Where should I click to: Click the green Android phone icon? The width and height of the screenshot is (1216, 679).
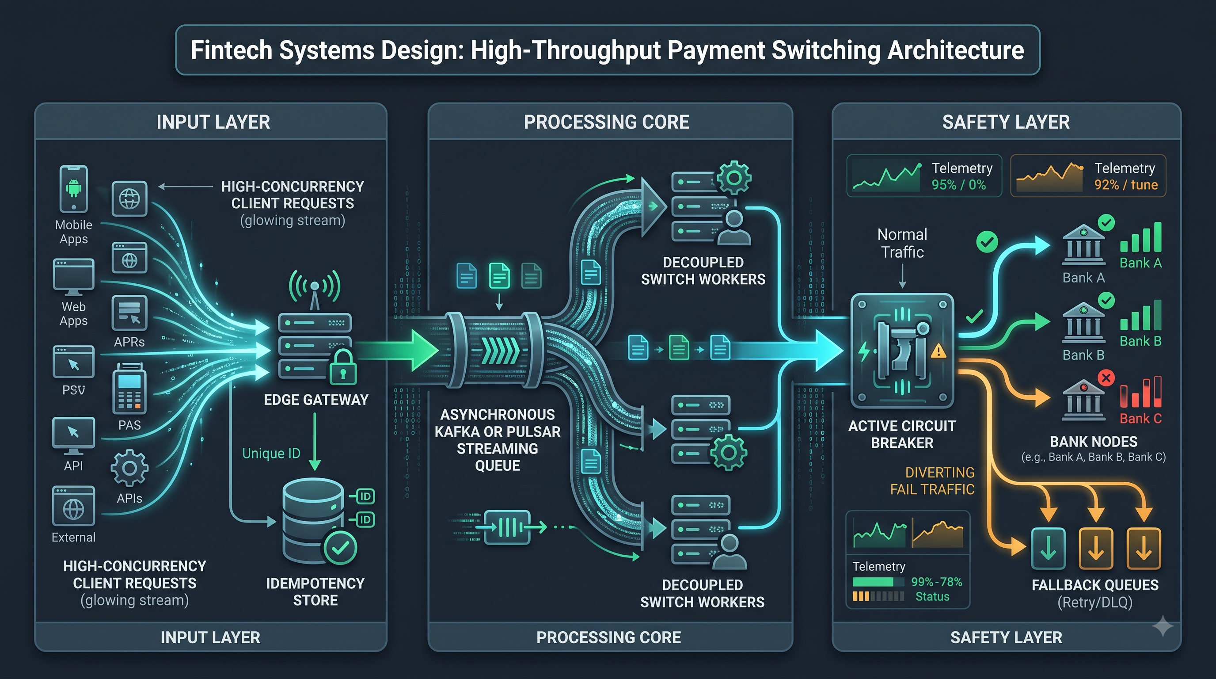click(x=74, y=189)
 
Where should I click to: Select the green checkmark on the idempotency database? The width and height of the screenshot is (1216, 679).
click(x=340, y=547)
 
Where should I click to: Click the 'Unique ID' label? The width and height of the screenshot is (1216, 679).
click(x=271, y=453)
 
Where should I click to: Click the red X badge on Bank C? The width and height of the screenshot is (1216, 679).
click(x=1106, y=378)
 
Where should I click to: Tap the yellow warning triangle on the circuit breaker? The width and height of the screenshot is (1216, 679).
click(x=938, y=351)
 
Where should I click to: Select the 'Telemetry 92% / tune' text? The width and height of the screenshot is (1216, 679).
click(x=1126, y=176)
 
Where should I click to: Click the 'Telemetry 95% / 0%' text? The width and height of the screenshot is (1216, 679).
click(x=962, y=176)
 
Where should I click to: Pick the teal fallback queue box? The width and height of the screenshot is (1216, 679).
click(x=1048, y=549)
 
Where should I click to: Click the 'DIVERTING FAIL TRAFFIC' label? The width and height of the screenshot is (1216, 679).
click(x=932, y=481)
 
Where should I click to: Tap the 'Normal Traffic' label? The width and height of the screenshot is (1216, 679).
click(x=903, y=243)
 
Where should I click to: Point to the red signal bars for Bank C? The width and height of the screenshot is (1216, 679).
click(x=1140, y=392)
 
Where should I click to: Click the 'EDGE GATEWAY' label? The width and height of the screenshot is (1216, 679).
click(x=316, y=400)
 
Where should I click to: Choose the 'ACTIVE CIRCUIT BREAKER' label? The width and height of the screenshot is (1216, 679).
click(x=902, y=435)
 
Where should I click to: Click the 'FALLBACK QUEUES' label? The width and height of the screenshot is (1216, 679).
click(x=1094, y=585)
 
